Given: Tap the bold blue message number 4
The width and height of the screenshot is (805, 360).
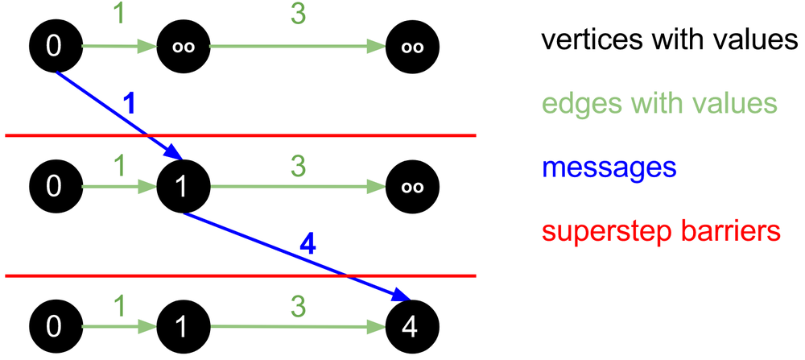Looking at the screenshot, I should coord(308,244).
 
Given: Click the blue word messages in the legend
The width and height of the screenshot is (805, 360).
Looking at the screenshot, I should coord(609,168).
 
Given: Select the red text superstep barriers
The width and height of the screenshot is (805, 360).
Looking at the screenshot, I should coord(661,231).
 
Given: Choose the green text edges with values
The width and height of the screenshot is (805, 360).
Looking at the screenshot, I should coord(659,103).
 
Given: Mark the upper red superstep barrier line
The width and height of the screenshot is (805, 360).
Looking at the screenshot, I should coord(322,135).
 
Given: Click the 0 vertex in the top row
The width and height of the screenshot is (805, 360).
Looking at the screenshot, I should coord(54,46).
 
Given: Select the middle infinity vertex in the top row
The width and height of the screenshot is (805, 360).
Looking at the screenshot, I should coord(184,46).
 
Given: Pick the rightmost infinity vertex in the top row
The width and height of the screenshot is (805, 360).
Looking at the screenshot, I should coord(413,46).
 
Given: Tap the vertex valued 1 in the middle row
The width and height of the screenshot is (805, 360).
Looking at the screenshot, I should coord(184,187).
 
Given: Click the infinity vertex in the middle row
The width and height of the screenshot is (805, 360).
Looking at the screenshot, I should coord(413,187).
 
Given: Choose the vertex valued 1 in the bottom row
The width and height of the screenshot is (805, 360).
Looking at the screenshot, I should coord(184,327).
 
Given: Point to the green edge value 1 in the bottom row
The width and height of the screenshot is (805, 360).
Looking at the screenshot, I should coord(119,306).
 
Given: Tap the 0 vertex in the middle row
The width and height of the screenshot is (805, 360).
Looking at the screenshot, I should coord(54,187).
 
